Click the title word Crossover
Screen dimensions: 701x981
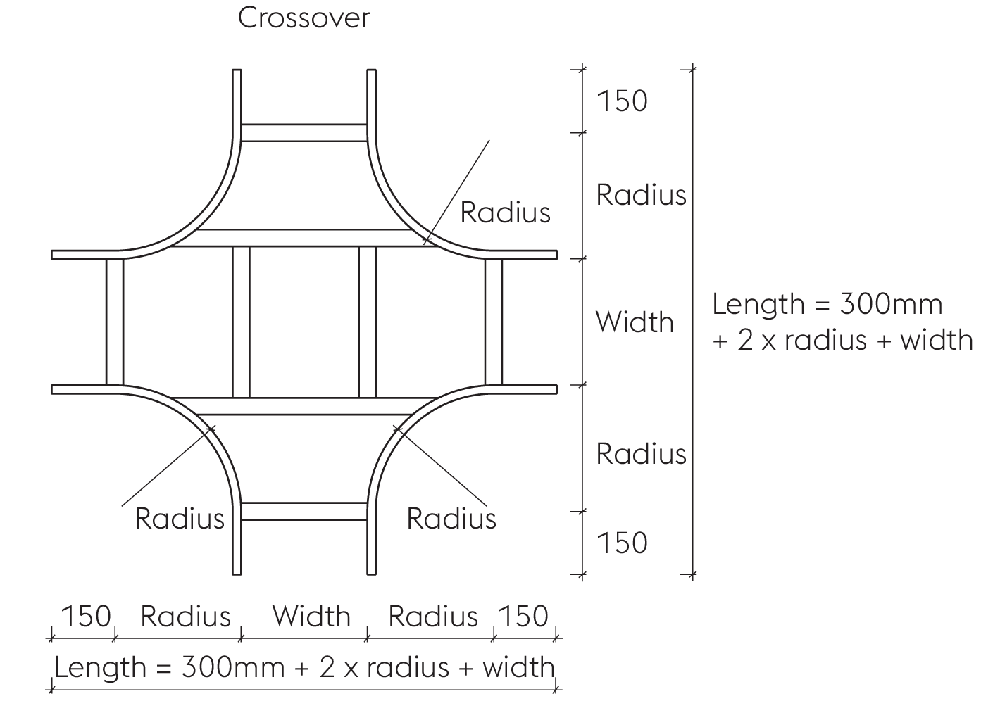304,18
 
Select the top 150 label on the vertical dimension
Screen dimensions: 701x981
622,101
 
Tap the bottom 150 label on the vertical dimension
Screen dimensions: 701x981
622,543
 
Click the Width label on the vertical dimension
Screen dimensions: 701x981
635,322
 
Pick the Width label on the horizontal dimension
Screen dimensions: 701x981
311,616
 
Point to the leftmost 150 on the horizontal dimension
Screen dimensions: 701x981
86,616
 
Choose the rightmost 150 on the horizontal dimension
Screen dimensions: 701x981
523,616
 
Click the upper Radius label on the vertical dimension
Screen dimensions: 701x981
641,195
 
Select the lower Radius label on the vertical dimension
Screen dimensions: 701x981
641,454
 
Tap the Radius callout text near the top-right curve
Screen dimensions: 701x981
505,213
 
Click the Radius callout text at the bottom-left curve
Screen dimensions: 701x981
180,519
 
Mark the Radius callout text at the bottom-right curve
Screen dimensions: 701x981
451,519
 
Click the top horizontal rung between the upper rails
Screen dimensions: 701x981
304,133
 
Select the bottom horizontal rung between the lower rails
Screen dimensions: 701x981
304,512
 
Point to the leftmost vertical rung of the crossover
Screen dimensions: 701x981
115,322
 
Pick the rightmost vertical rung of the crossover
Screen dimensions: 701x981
494,322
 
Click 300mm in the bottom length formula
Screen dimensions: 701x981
233,667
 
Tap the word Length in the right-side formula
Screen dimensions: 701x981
758,304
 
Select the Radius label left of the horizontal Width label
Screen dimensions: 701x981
185,616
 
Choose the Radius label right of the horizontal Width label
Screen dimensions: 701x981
433,616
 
